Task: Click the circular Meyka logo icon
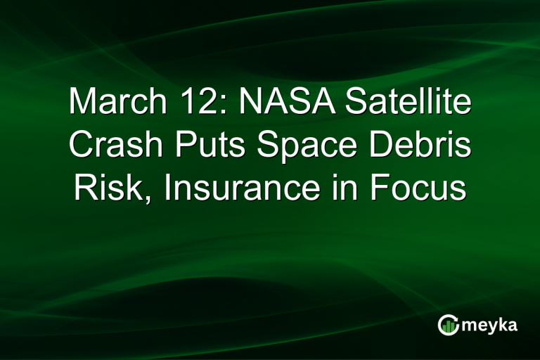(x=448, y=324)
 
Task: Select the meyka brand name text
(x=489, y=325)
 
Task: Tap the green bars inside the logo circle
(x=449, y=326)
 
